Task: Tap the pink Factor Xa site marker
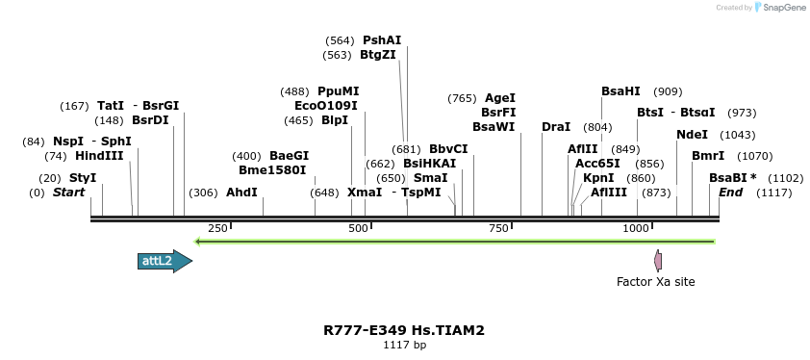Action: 658,260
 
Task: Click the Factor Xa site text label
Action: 655,282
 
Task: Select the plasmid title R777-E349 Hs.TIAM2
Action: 404,330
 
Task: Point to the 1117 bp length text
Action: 404,345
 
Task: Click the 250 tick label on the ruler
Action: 217,228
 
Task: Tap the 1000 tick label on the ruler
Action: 636,228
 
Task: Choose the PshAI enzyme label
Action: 382,40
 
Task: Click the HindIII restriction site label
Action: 99,156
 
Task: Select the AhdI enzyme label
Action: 241,193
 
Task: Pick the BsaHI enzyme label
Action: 620,91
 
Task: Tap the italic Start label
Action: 68,193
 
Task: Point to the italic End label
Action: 730,193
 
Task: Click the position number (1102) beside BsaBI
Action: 786,178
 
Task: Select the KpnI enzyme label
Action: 598,178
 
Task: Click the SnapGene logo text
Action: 781,8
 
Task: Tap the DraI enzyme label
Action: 556,127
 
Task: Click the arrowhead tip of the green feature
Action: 196,241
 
